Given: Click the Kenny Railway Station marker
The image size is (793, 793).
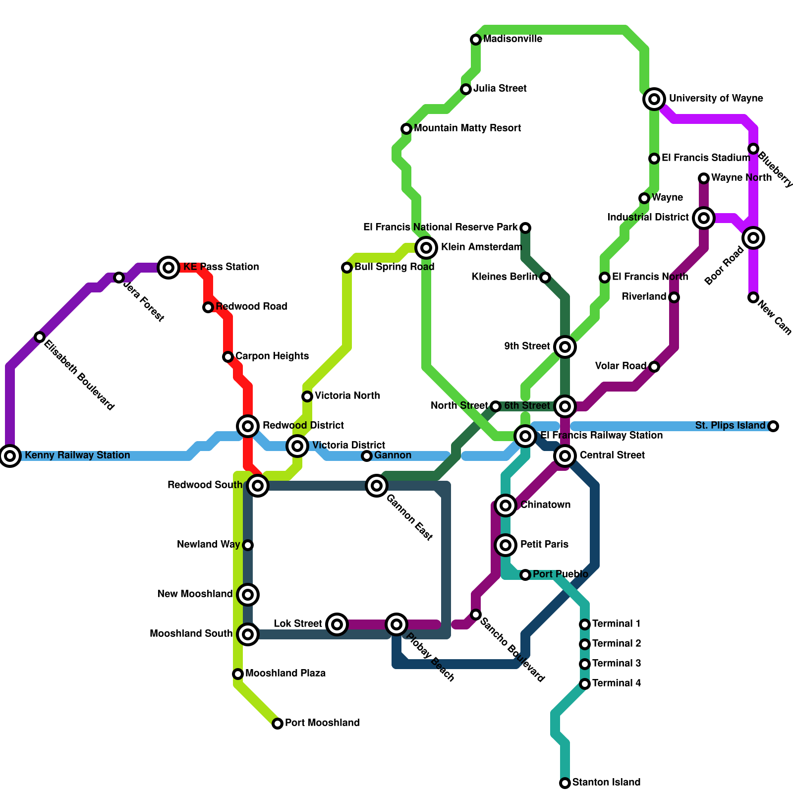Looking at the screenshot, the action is coord(10,455).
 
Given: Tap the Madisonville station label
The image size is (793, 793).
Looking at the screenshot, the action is coord(512,39).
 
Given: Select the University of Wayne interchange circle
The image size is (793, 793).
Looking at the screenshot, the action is coord(654,99).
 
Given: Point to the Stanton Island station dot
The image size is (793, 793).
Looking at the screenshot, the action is coord(565,783).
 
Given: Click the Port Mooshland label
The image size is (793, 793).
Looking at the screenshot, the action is coord(322,723).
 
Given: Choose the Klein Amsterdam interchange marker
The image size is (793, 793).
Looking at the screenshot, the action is coord(426,247).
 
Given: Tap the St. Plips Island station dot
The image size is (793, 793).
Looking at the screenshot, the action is coord(773,426).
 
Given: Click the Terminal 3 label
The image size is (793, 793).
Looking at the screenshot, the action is coord(617,664).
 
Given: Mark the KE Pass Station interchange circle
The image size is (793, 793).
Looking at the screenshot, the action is coord(169,268).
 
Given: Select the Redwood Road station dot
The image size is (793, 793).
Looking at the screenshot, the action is coord(208,307).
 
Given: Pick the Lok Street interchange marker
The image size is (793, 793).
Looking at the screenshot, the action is coord(337,624).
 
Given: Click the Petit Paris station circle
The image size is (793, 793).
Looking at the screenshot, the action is coord(506,545).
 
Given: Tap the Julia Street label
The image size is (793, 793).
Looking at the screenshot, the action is coord(500,89).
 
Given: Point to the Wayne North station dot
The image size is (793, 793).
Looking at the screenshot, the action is coord(704,178).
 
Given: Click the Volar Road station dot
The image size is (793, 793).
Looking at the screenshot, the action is coord(654,367).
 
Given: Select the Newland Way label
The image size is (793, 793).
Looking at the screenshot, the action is coord(209,545).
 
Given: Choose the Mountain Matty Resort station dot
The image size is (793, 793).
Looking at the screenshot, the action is coord(406,129).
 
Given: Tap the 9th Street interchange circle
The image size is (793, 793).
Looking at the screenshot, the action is coord(565,347).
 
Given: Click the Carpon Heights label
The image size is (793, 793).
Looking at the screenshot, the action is coord(272,356).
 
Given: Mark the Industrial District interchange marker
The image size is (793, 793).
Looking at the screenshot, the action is coord(704,218).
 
